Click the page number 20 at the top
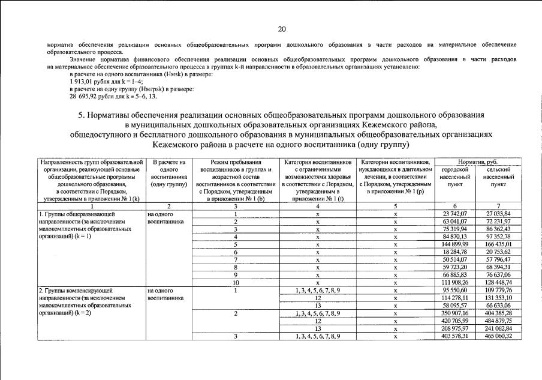coord(282,29)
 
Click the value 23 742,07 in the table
coord(454,213)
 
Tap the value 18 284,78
coord(454,252)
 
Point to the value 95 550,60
coord(454,291)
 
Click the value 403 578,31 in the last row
coord(454,336)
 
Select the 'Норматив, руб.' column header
coord(477,162)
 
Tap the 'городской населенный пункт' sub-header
coord(454,178)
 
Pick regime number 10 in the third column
coord(236,283)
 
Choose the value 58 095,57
coord(454,306)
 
